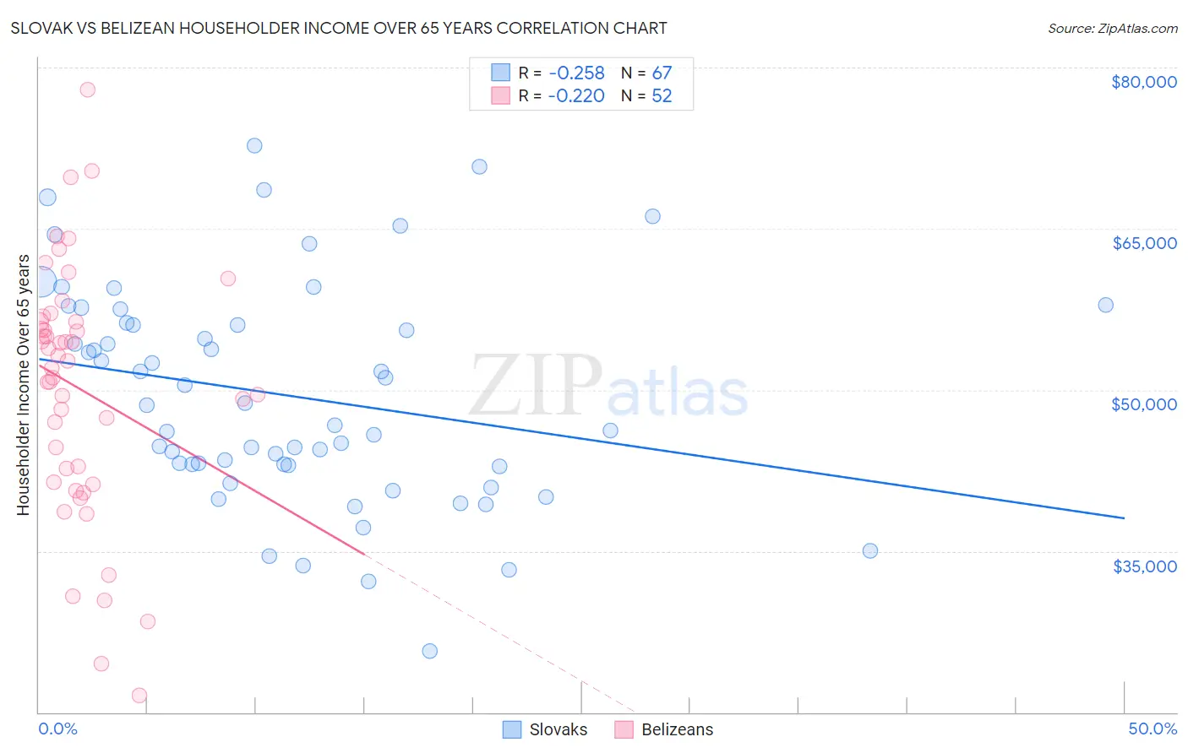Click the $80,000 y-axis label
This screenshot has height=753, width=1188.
[x=1144, y=82]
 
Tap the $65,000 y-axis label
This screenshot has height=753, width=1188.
[x=1144, y=243]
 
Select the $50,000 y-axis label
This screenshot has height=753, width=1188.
[x=1144, y=404]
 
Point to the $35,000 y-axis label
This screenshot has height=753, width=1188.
[x=1144, y=566]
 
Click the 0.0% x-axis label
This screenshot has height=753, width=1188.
[x=57, y=729]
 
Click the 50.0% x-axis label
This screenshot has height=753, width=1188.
[x=1153, y=729]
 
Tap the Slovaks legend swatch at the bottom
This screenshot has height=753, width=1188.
[x=511, y=729]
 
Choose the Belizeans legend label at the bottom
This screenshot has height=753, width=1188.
[x=677, y=729]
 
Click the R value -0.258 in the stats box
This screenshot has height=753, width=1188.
[x=576, y=73]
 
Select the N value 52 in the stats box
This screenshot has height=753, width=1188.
[x=662, y=96]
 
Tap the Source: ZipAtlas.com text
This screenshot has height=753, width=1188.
[x=1112, y=29]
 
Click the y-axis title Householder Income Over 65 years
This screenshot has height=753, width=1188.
[x=24, y=385]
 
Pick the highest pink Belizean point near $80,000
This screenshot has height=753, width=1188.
[x=87, y=89]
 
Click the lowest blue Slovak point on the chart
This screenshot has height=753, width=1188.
[x=429, y=651]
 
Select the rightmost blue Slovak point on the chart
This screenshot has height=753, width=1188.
[x=1105, y=305]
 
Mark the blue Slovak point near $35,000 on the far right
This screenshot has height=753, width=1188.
[x=869, y=550]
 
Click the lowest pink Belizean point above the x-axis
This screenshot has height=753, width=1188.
[x=139, y=696]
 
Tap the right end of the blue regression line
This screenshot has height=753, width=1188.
[x=1124, y=517]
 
